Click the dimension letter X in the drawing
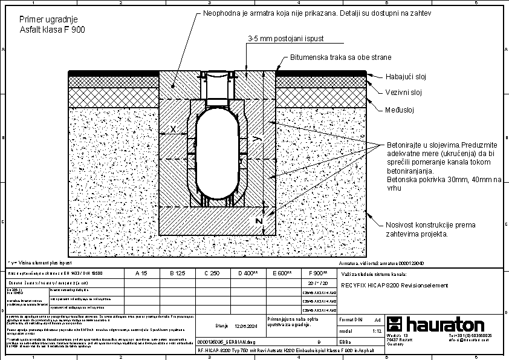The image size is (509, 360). pyautogui.click(x=173, y=129)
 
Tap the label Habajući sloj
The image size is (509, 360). pyautogui.click(x=406, y=77)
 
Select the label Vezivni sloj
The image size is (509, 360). pyautogui.click(x=403, y=93)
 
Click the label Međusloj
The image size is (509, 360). pyautogui.click(x=400, y=110)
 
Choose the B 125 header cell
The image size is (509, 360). pyautogui.click(x=176, y=273)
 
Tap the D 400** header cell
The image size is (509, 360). pyautogui.click(x=248, y=273)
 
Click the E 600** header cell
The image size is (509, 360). pyautogui.click(x=284, y=273)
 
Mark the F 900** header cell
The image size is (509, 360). pyautogui.click(x=318, y=273)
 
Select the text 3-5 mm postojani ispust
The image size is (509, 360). pyautogui.click(x=285, y=38)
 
